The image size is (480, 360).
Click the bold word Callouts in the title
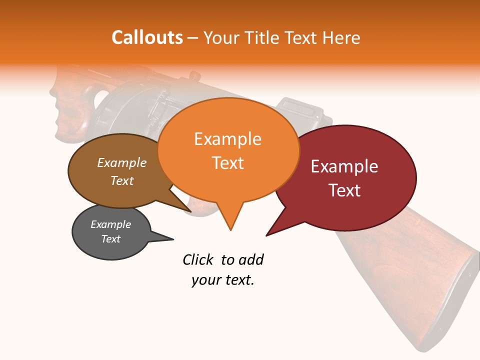147,37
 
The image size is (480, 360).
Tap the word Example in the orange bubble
227,139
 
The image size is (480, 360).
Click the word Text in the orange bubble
227,163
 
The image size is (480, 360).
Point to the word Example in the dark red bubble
344,166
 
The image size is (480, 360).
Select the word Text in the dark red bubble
344,190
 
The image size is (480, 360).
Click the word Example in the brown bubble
121,162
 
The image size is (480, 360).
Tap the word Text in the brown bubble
121,180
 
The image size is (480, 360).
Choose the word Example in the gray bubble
110,224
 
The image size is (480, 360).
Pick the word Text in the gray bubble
110,239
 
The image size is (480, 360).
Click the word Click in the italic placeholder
199,259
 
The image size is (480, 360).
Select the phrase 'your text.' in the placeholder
223,280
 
